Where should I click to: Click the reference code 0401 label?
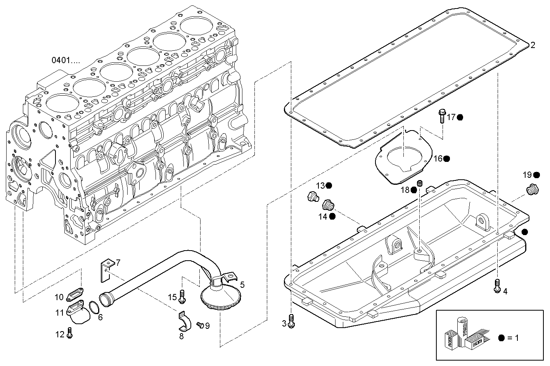[66, 60]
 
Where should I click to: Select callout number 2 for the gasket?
[533, 45]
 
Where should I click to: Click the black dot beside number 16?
[446, 158]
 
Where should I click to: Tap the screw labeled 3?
[292, 321]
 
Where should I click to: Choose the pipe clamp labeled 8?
[183, 321]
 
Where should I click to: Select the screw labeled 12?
[69, 333]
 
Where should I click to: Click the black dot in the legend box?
[501, 338]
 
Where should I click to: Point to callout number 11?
[59, 313]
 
